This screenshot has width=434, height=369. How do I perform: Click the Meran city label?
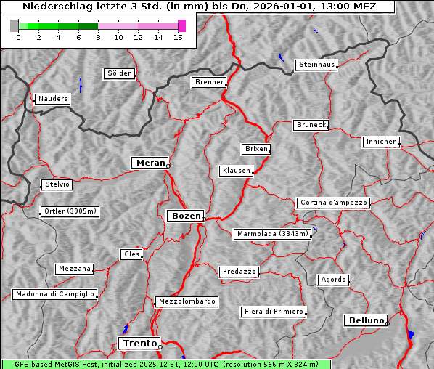tap(149, 163)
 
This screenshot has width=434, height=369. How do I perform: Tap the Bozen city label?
tap(184, 216)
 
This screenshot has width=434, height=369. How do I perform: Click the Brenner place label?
tap(209, 82)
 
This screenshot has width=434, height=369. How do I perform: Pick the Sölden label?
tap(120, 73)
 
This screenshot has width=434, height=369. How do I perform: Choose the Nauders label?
tap(52, 99)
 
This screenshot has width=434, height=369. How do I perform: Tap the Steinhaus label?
tap(317, 65)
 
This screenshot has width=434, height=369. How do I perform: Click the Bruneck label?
tap(311, 125)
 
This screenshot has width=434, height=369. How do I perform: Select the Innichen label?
tap(381, 142)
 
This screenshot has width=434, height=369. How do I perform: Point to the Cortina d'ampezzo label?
tap(333, 203)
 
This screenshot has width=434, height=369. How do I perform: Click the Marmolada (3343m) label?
tap(273, 234)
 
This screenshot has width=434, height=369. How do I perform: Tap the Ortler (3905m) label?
tap(68, 211)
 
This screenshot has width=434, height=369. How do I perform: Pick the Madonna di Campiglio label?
tap(54, 294)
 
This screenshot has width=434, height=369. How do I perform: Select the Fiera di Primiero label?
tap(274, 312)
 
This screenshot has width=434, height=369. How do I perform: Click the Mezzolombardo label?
tap(186, 301)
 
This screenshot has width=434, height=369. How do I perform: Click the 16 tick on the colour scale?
tap(178, 38)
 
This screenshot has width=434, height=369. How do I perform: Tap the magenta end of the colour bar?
tap(181, 25)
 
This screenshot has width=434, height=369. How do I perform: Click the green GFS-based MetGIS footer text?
tap(165, 364)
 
